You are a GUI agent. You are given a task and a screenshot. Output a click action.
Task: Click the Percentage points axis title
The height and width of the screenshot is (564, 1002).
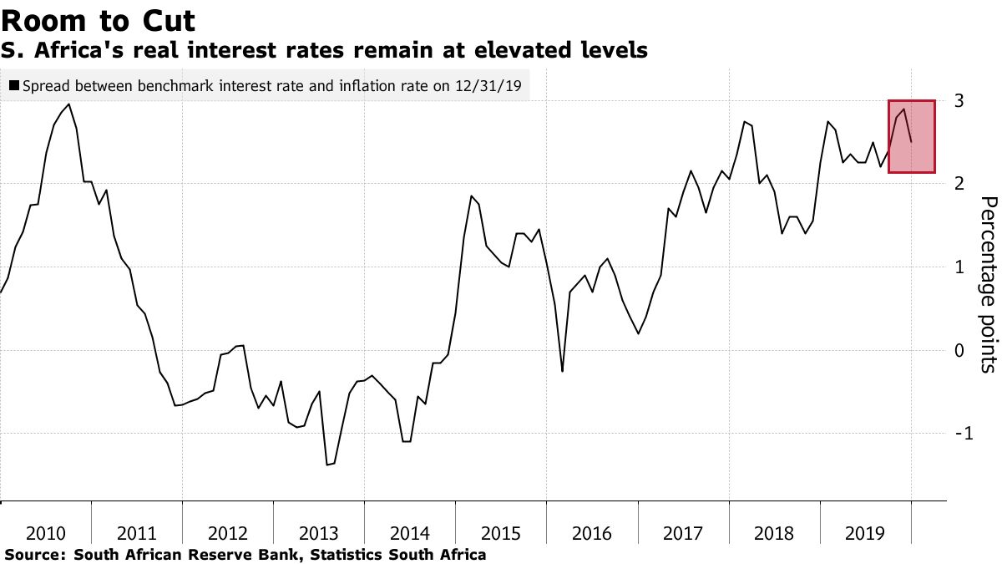988,284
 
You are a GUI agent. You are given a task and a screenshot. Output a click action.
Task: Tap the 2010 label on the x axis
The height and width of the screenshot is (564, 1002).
46,533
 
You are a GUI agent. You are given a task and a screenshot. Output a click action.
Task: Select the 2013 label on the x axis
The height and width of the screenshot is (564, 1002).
319,533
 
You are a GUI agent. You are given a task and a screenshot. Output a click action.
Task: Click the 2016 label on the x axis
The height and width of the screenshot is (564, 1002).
592,533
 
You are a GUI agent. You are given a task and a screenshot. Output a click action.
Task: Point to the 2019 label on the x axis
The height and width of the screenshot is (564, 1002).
865,533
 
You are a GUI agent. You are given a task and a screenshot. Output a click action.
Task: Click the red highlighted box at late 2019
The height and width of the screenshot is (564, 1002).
911,136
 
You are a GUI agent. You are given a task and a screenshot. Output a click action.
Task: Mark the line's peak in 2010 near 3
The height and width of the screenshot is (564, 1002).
68,104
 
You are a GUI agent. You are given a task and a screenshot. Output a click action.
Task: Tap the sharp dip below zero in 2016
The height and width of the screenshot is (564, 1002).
562,371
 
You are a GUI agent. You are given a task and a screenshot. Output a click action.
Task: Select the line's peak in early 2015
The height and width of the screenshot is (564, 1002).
472,196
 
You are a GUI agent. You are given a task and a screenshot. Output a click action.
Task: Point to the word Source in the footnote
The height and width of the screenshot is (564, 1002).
33,554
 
